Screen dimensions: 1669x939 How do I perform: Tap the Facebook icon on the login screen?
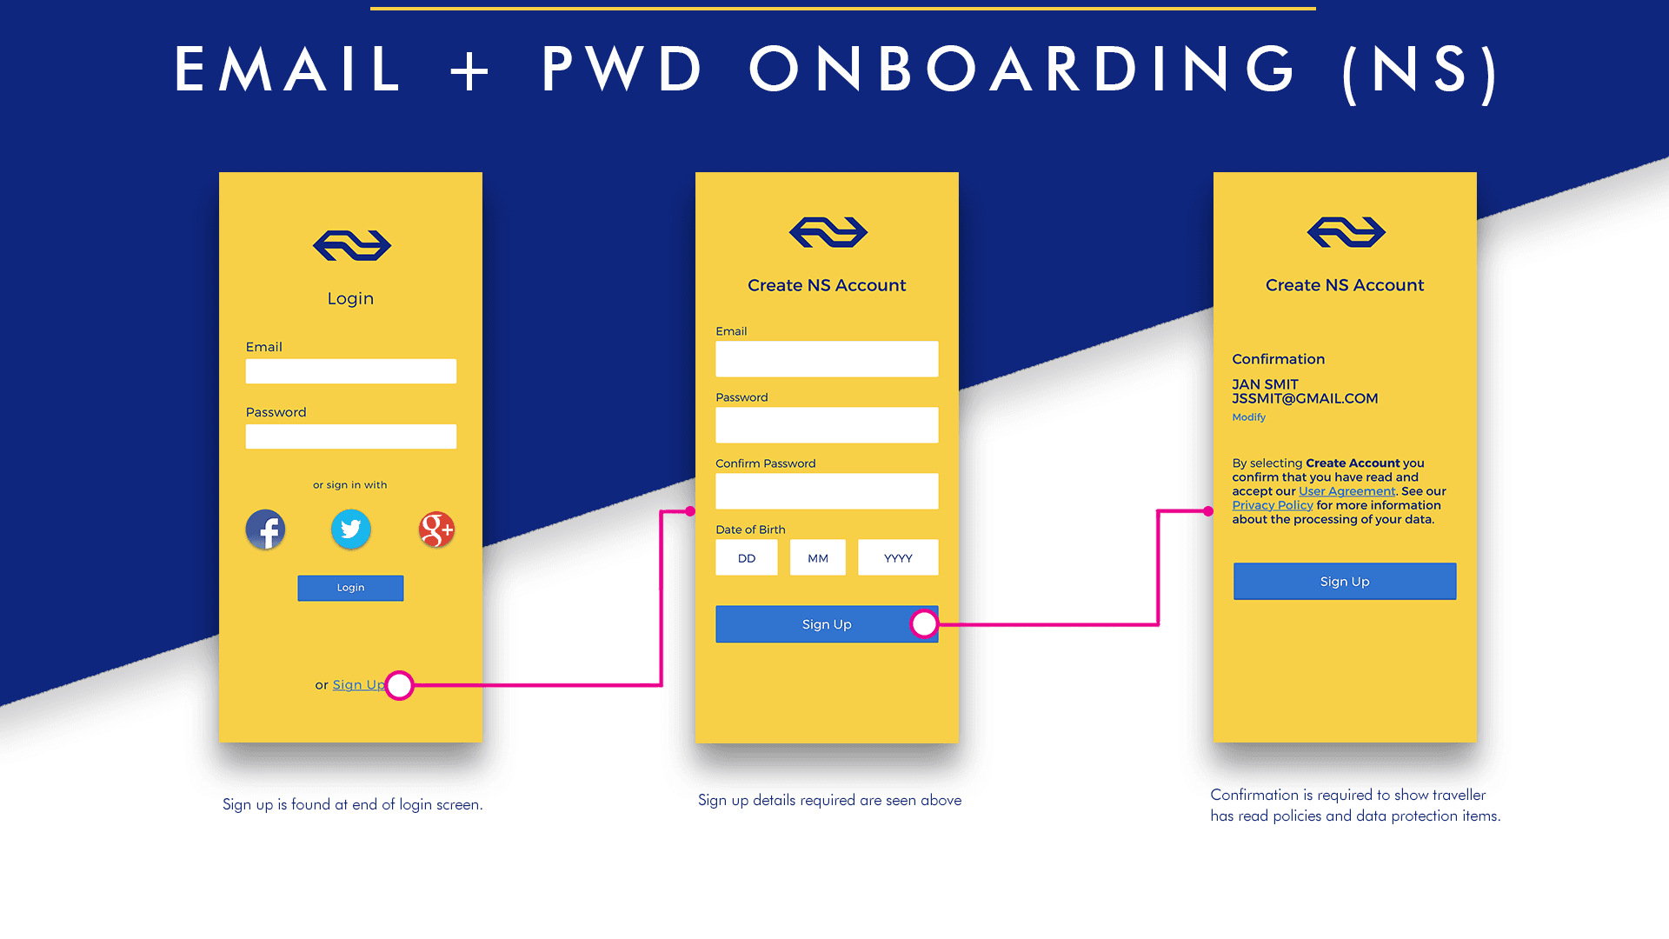265,529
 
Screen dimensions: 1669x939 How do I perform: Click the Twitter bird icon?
351,529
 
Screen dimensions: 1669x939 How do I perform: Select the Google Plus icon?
436,529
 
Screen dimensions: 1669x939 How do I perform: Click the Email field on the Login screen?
350,371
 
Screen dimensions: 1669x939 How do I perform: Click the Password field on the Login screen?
350,436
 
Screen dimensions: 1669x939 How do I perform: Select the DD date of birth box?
747,557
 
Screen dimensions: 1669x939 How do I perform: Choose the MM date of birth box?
817,557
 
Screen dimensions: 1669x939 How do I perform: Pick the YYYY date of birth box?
898,557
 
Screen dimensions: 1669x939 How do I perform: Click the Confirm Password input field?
827,491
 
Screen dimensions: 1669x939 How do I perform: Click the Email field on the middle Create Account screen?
827,359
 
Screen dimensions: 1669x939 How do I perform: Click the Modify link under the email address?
1248,417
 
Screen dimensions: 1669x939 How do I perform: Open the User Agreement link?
1347,491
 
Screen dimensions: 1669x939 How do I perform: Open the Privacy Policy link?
1272,505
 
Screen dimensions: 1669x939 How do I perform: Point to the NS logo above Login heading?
352,245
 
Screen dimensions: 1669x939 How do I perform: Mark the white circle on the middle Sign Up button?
924,623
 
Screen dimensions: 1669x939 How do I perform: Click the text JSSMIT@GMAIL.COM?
1305,398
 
